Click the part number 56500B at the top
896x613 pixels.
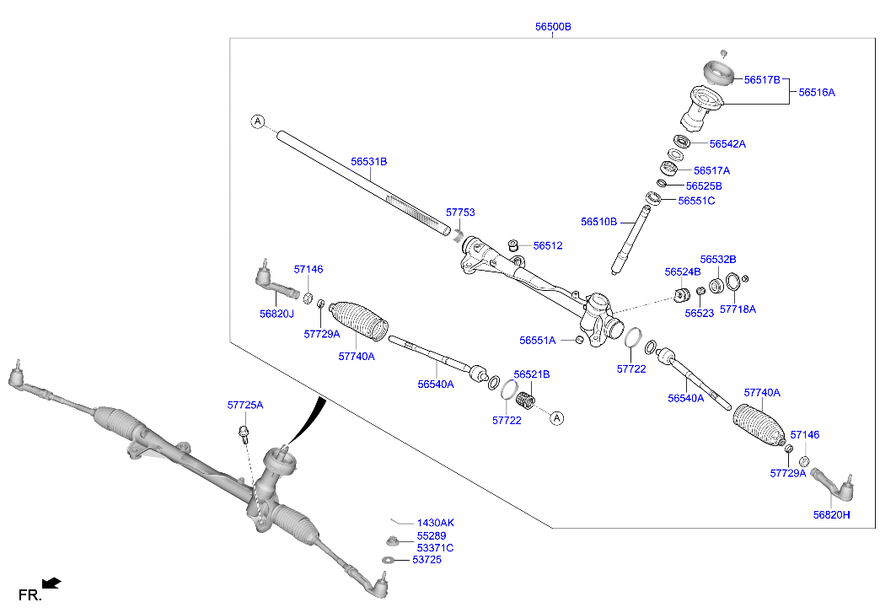tap(553, 27)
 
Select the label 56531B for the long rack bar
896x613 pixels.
tap(369, 161)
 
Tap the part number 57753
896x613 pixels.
tap(460, 213)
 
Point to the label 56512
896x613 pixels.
tap(547, 246)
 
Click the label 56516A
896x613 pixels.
tap(817, 92)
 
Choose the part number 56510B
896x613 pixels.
tap(598, 222)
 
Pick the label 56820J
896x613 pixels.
tap(276, 314)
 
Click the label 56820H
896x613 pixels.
tap(831, 514)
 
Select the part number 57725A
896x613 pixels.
tap(244, 406)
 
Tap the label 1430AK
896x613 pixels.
tap(435, 523)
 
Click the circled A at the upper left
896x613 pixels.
tap(257, 121)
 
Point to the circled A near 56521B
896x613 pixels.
tap(556, 417)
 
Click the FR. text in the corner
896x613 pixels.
tap(30, 595)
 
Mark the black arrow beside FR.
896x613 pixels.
tap(52, 582)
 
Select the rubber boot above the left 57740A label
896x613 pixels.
tap(357, 322)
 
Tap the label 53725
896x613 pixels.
tap(427, 560)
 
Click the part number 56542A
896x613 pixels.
tap(727, 144)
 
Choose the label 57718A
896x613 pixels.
tap(738, 309)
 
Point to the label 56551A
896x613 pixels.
tap(537, 341)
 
